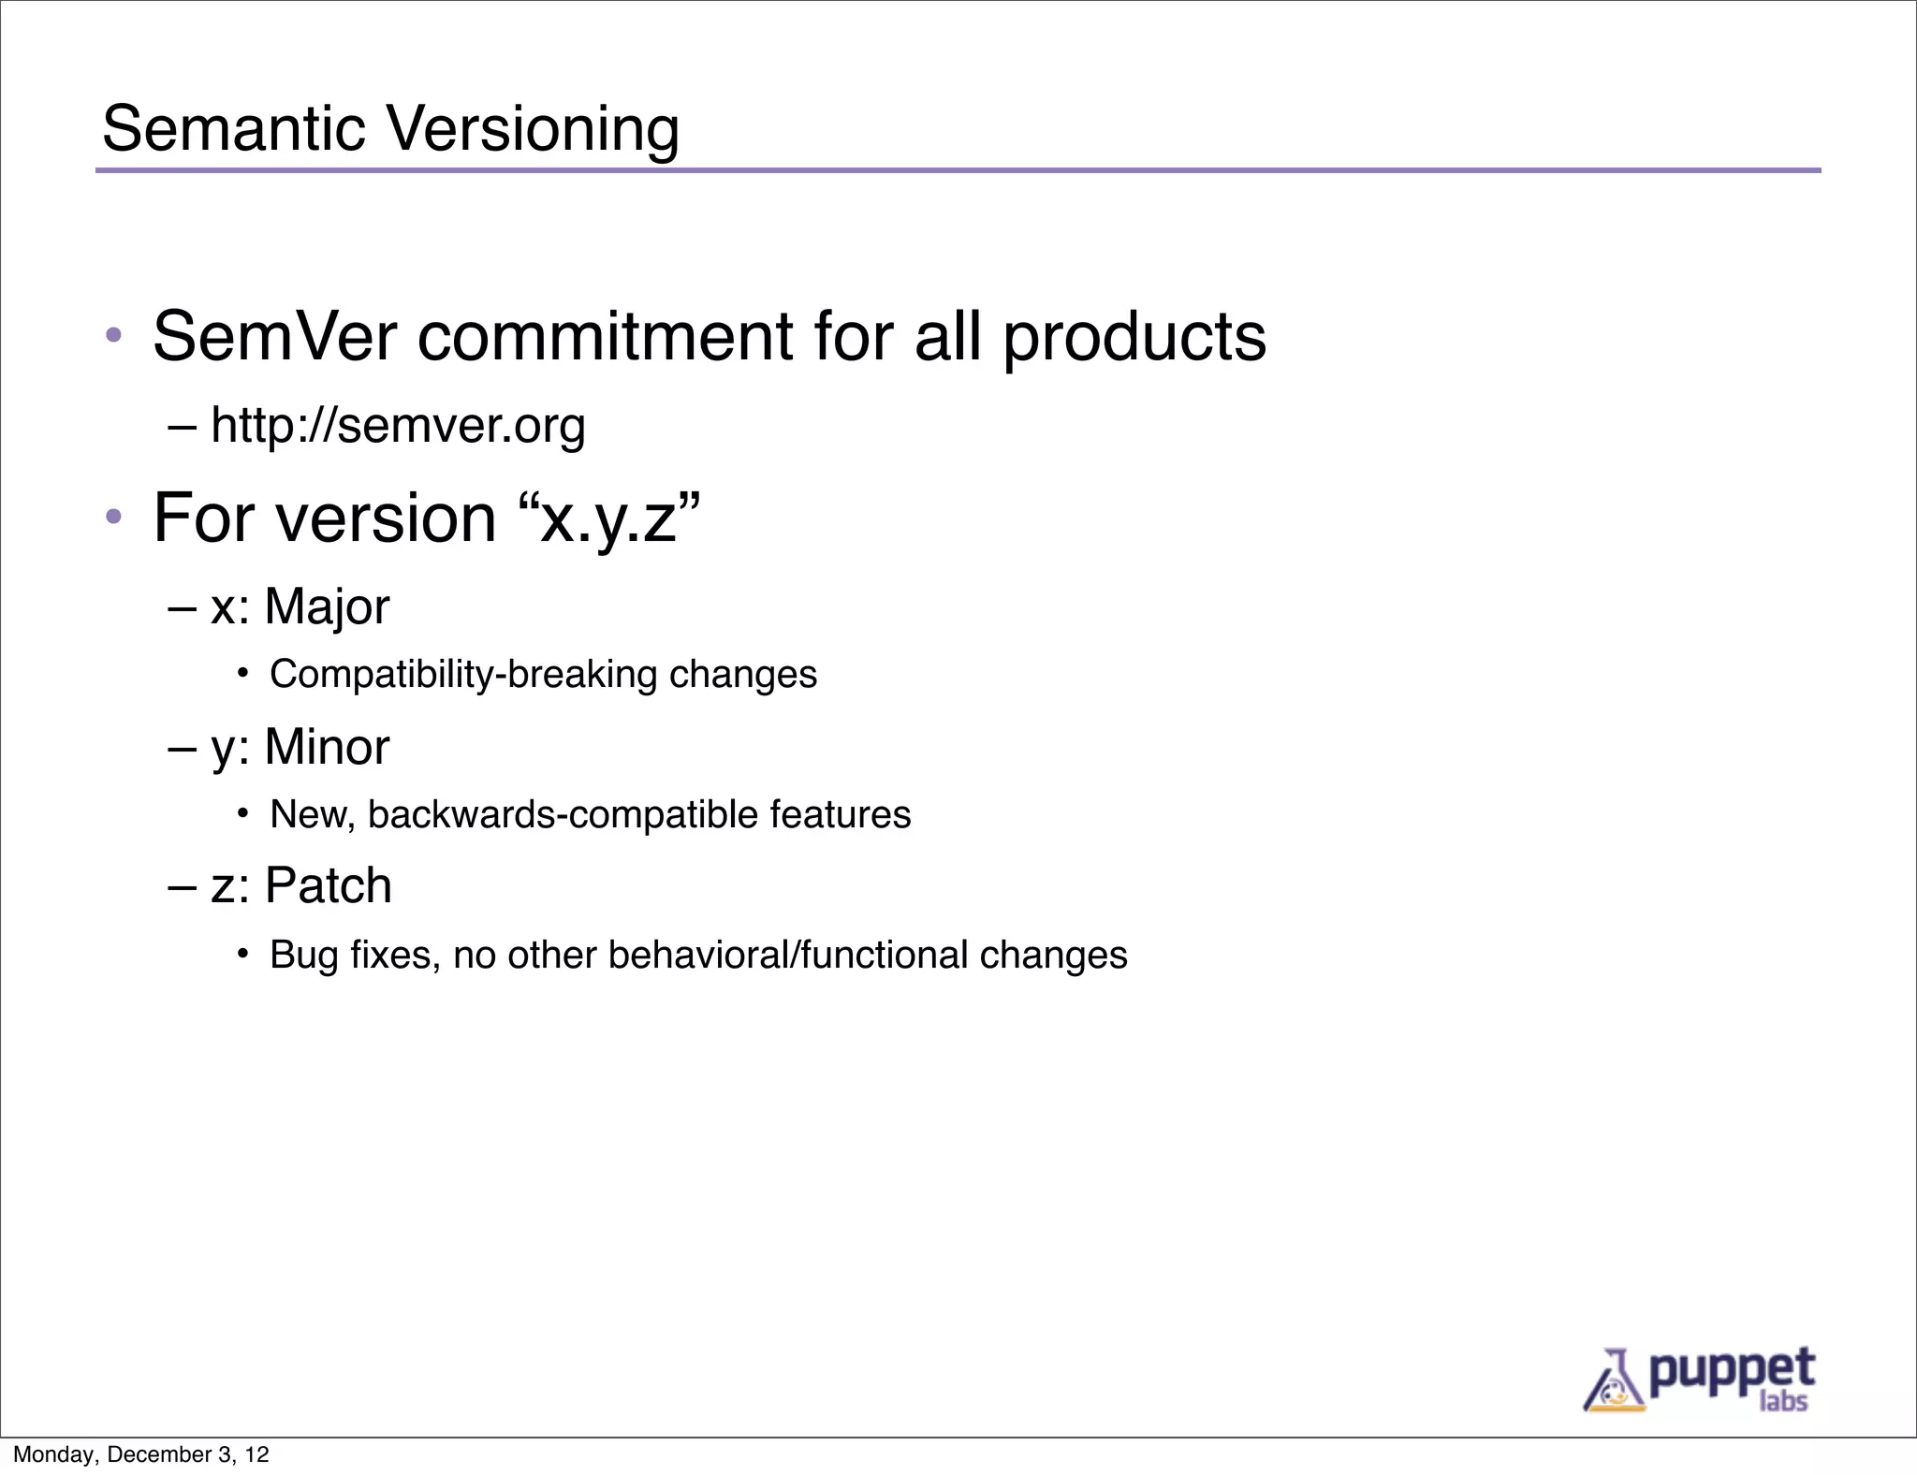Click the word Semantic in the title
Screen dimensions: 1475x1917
coord(234,128)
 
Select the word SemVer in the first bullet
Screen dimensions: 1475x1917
coord(274,336)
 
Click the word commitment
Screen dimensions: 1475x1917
coord(605,336)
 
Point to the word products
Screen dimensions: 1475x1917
coord(1134,338)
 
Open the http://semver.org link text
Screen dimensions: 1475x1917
coord(398,426)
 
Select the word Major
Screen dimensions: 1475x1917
coord(327,606)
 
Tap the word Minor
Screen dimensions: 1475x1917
coord(327,747)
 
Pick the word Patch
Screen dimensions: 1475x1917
coord(328,885)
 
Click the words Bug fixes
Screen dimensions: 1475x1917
coord(355,955)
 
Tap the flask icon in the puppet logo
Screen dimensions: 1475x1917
coord(1613,1381)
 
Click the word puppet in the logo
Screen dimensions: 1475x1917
coord(1731,1372)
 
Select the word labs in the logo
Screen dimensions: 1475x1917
coord(1783,1402)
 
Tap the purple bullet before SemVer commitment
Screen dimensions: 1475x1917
coord(113,335)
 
